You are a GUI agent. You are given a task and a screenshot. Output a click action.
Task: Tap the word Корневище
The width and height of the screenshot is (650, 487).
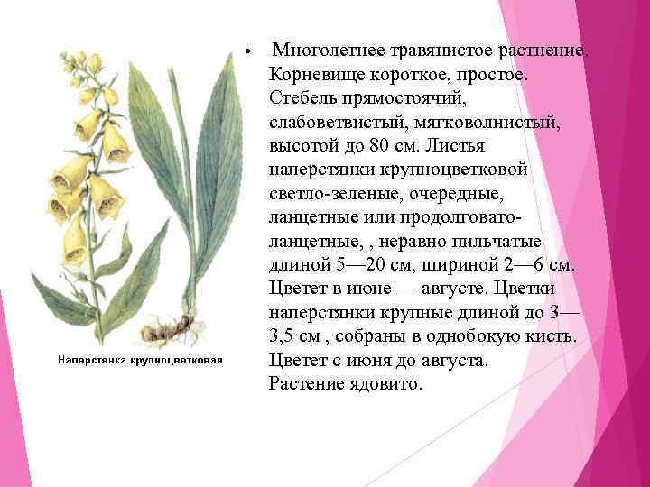pos(311,72)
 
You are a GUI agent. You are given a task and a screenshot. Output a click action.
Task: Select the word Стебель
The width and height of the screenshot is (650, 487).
pos(302,96)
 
